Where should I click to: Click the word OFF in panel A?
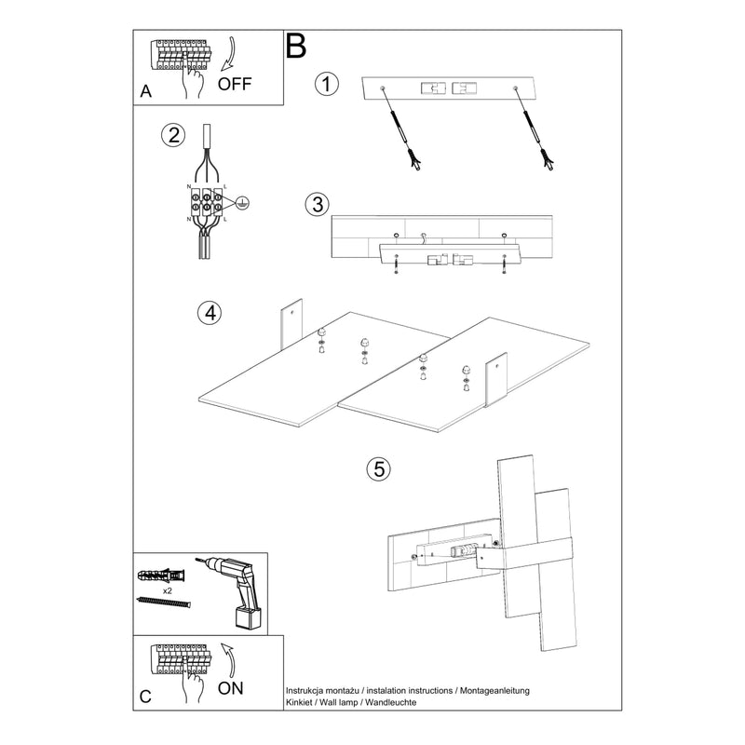click(235, 84)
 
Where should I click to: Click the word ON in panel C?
click(230, 688)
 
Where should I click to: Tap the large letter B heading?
click(295, 46)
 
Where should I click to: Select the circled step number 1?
click(327, 84)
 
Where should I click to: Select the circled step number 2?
click(173, 135)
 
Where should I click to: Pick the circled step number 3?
click(318, 205)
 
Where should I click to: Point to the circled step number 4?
click(210, 313)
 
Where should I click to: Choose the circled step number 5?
click(379, 469)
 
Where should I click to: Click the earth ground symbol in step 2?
click(242, 203)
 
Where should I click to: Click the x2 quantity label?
click(168, 591)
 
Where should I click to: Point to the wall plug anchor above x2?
click(161, 576)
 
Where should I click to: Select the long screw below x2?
click(164, 602)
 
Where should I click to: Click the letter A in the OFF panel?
click(145, 91)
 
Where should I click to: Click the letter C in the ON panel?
click(145, 697)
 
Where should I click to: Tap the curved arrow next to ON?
click(229, 660)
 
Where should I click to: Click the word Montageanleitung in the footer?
click(494, 691)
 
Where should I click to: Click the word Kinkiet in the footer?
click(299, 702)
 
